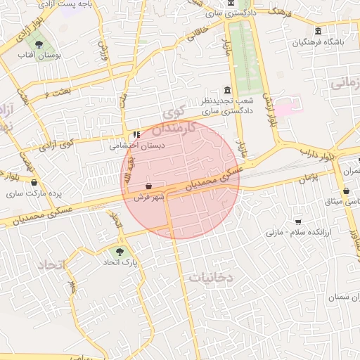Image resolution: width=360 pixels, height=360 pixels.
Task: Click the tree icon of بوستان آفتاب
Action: [x=38, y=44]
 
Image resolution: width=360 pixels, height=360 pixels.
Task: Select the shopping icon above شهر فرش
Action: [x=149, y=186]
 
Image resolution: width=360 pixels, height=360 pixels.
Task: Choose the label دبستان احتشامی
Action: [x=136, y=146]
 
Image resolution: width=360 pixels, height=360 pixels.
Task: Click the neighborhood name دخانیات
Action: [x=209, y=278]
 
